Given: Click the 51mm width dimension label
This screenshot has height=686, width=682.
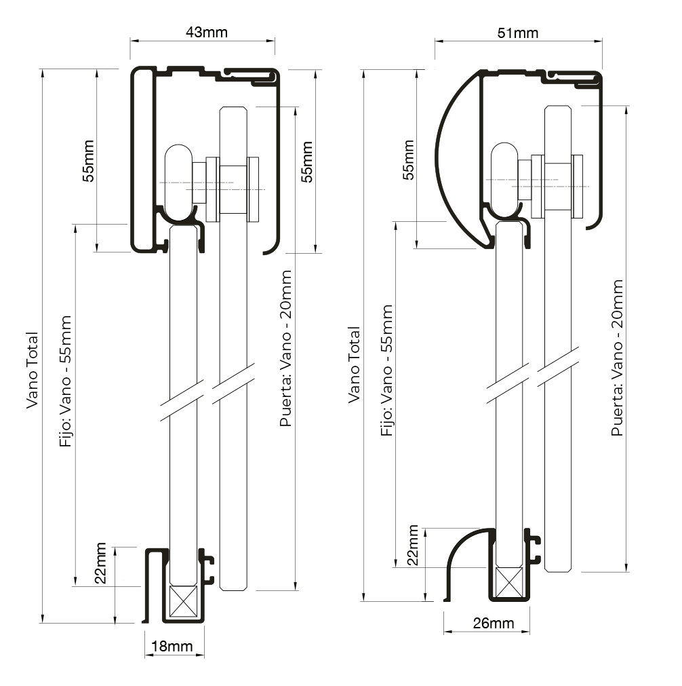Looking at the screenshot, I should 519,32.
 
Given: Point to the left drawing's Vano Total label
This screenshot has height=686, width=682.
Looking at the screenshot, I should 32,370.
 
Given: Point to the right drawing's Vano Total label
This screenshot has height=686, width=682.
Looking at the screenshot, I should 354,365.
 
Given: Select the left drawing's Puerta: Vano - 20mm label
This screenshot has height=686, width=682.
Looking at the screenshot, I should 286,348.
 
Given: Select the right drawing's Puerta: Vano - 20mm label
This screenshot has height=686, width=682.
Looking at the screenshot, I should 617,357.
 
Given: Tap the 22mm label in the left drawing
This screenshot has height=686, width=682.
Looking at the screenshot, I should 100,563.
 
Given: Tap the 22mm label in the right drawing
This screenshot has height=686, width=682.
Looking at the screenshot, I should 412,547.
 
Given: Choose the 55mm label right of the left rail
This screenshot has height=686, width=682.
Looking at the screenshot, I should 307,161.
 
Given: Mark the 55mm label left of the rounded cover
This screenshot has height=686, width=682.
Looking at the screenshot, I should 408,159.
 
